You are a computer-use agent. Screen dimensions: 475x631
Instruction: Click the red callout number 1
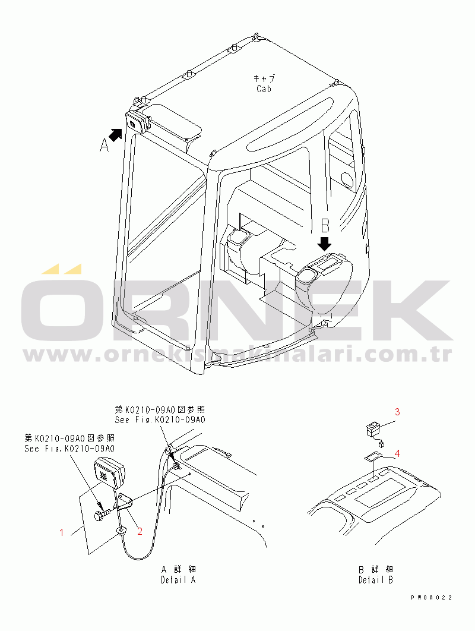point(62,532)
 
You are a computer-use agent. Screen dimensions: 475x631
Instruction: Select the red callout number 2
point(140,531)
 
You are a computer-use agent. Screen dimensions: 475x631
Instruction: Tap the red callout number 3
point(397,412)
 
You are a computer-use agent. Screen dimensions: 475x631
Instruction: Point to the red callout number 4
point(397,453)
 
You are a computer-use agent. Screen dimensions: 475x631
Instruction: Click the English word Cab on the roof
point(264,89)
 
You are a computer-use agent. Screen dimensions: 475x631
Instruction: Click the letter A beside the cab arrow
point(104,145)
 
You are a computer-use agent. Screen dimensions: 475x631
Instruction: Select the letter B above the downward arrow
point(325,226)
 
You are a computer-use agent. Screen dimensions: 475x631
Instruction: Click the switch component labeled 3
point(373,431)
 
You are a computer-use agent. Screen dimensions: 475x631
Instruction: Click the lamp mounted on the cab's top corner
point(137,121)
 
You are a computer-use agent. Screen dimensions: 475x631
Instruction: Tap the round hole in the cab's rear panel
point(347,179)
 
